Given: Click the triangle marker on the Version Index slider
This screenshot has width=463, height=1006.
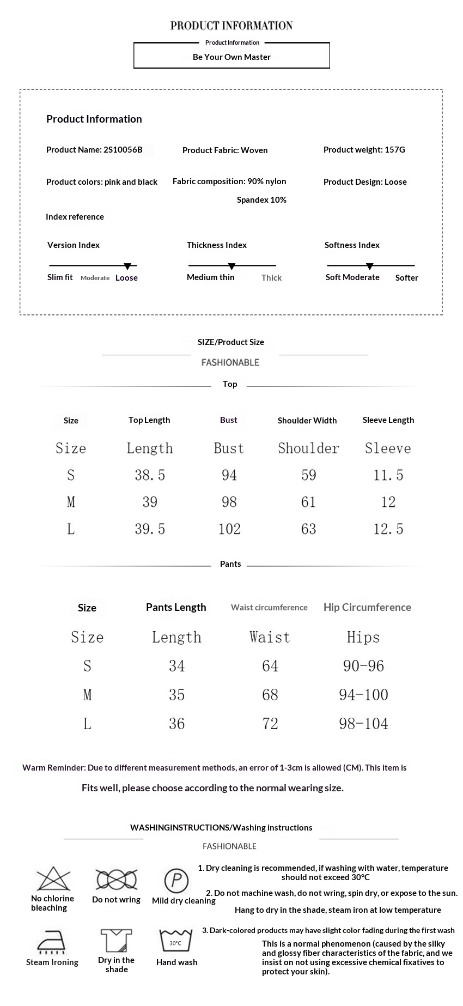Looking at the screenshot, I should coord(127,266).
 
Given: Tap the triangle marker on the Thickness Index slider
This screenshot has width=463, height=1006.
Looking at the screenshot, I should coord(231,266).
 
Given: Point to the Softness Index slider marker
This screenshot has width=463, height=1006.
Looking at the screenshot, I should coord(369,266).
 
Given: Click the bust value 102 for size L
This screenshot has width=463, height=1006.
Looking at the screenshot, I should coord(229,529).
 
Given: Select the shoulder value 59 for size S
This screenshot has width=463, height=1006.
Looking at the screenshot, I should coord(308,475).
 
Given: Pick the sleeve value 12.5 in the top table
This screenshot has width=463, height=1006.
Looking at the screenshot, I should coord(388,529).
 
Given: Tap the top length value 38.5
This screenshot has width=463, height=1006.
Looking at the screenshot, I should coord(150,475).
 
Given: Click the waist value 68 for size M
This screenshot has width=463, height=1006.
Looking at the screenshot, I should coord(270,695).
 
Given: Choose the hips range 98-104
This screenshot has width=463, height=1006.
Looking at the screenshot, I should coord(363,724).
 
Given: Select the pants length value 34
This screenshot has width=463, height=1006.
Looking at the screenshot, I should coord(176,666).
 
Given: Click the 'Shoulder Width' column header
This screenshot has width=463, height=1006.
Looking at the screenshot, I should coord(307,420).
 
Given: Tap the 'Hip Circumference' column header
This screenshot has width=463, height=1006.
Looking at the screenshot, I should coord(367,607).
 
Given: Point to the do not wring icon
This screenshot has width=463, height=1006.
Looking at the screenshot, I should coord(116,880).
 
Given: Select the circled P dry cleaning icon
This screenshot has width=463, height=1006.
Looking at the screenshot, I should coord(176,880).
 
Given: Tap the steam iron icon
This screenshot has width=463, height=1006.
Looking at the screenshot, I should coord(52,942).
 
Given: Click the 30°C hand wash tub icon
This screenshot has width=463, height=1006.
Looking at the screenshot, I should coord(176,941).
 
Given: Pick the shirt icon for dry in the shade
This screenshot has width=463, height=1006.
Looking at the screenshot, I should coord(117,941).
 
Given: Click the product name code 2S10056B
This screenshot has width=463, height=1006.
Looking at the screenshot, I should coord(123,150).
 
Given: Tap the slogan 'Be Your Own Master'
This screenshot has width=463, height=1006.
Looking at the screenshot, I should coord(231,57).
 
